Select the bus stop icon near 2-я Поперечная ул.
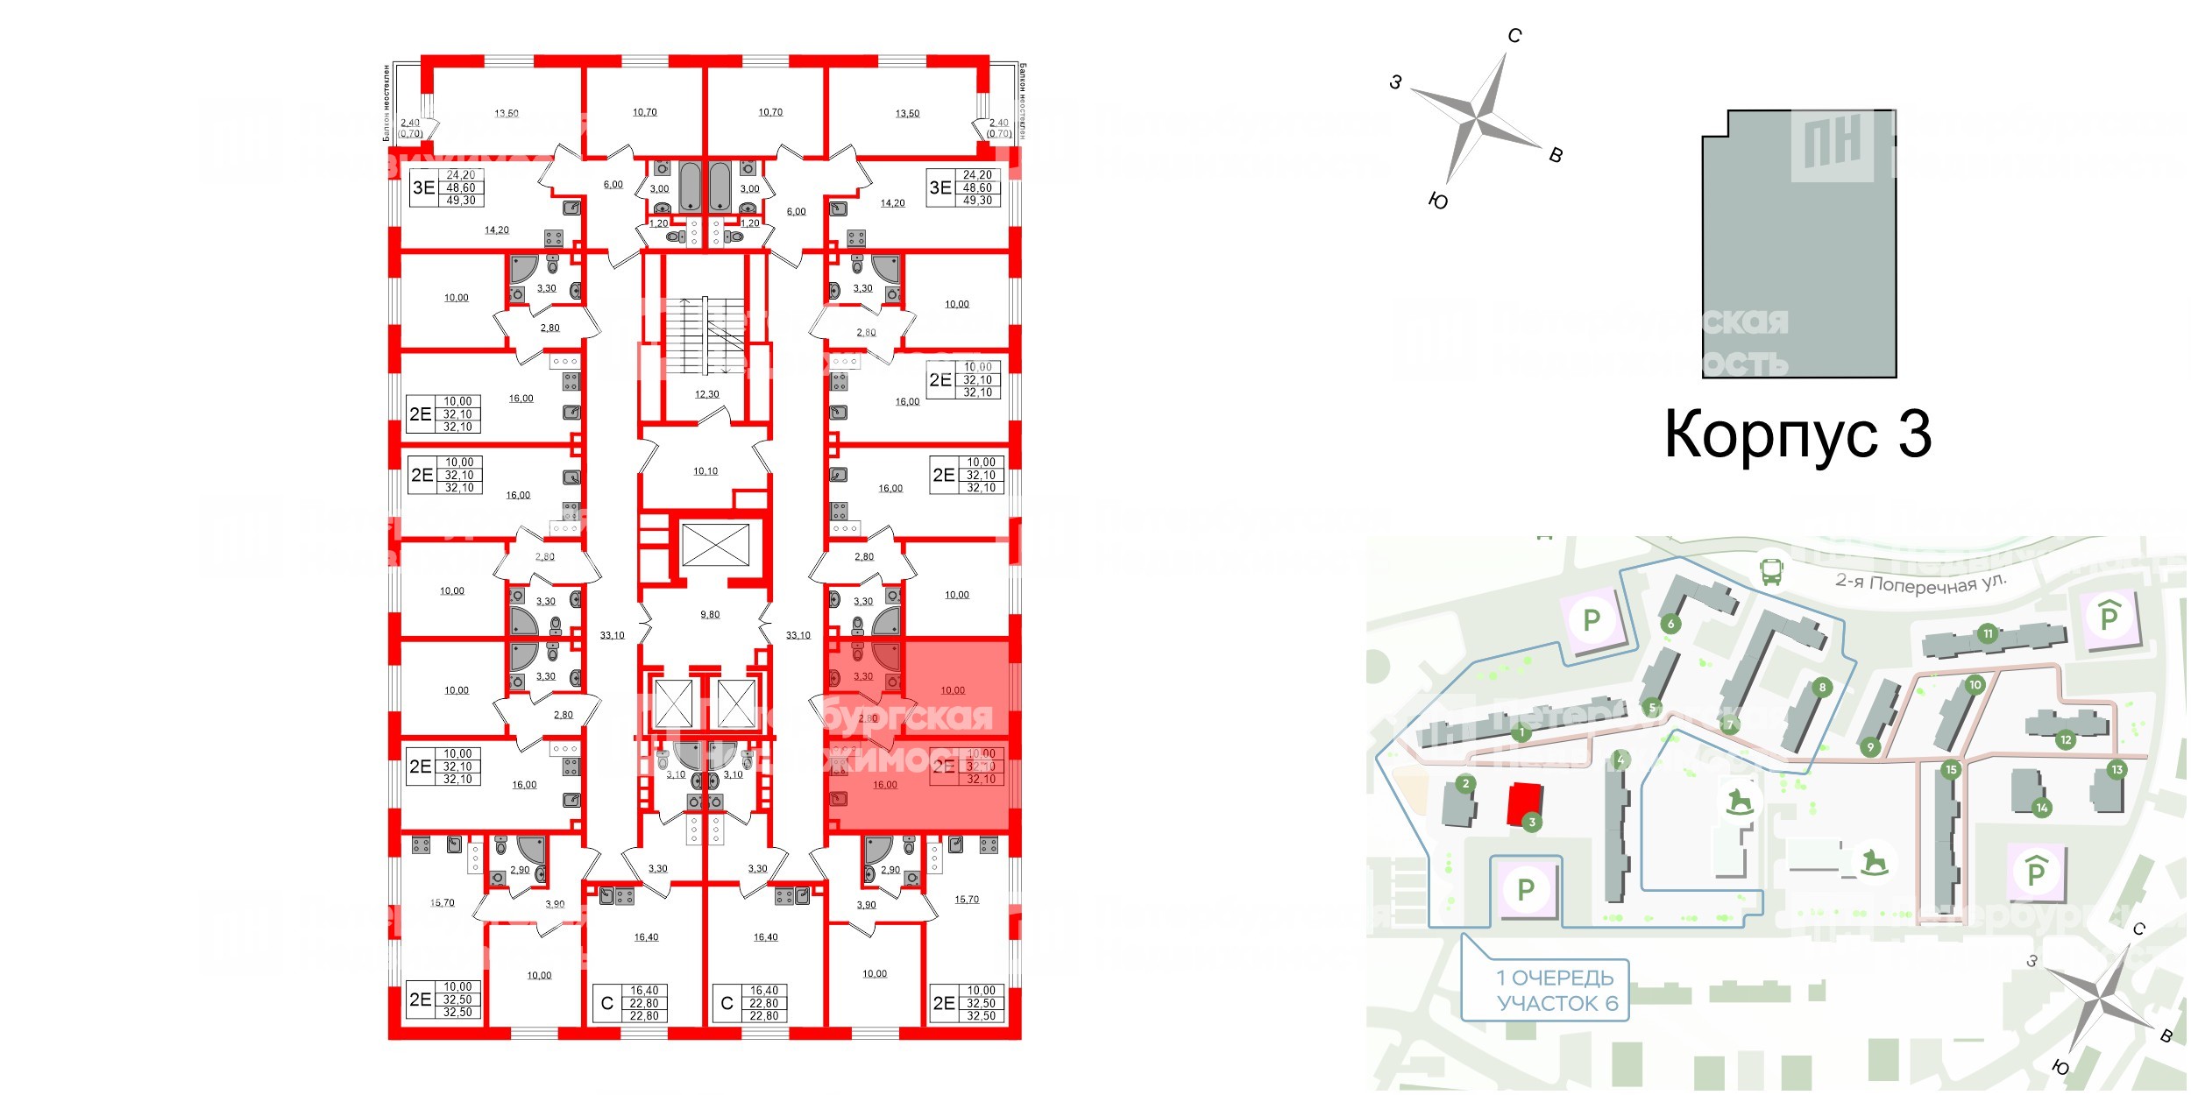coord(1771,572)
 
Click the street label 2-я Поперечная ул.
coord(1920,583)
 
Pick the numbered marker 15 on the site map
coord(1950,770)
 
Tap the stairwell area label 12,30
coord(706,394)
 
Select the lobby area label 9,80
coord(710,615)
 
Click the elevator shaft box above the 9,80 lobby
coord(715,545)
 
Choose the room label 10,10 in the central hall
coord(706,471)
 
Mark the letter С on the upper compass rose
coord(1514,36)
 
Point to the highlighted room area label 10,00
coord(953,690)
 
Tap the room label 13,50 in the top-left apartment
coord(506,114)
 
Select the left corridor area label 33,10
coord(612,635)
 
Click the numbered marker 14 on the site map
coord(2042,808)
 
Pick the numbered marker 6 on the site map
coord(1670,624)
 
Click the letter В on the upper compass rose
coord(1556,156)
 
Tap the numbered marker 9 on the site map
coord(1870,747)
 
